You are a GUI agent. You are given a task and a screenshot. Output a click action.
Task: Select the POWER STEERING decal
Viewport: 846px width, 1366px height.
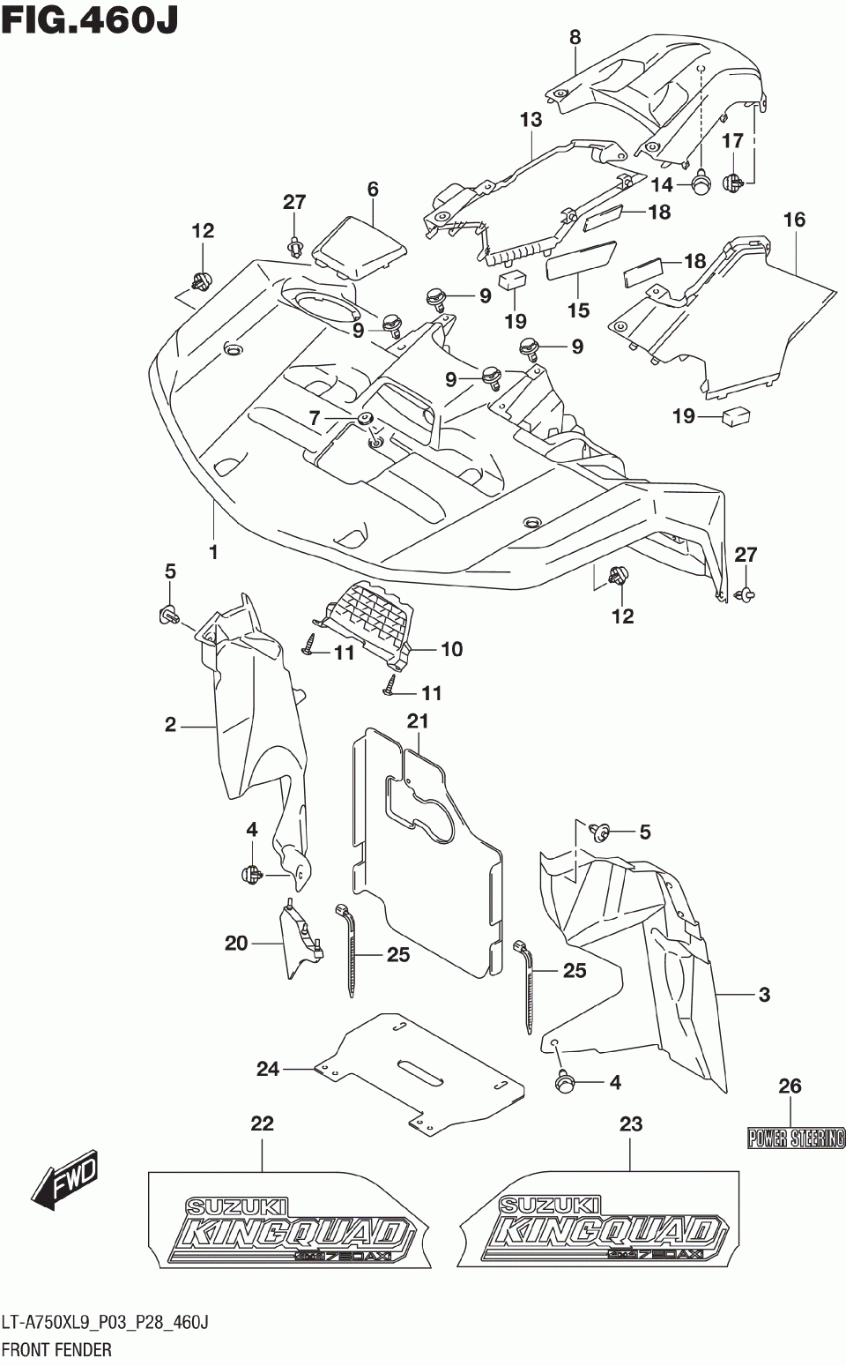click(x=796, y=1138)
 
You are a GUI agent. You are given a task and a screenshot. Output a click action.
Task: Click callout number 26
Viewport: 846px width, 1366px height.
click(x=790, y=1086)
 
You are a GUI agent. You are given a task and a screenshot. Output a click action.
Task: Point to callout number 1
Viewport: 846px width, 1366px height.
click(x=212, y=553)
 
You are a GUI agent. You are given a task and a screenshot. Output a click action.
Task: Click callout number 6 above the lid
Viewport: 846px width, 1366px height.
click(x=373, y=190)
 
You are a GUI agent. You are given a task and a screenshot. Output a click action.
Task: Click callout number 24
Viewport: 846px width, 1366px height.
click(x=268, y=1069)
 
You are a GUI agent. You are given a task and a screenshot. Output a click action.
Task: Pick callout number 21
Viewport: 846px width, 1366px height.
click(x=418, y=721)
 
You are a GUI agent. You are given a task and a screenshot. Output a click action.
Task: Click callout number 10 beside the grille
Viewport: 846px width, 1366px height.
click(x=452, y=649)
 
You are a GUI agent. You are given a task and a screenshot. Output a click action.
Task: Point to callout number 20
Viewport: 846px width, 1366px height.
click(x=236, y=944)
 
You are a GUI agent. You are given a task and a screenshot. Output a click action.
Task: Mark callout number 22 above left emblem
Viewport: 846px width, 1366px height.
click(x=262, y=1123)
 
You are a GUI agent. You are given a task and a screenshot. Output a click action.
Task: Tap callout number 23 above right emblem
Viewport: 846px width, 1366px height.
click(x=631, y=1123)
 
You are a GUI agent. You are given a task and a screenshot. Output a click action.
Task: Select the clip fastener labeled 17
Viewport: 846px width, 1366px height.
click(x=733, y=182)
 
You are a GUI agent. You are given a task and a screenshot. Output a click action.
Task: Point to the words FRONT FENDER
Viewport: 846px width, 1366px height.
click(x=56, y=1349)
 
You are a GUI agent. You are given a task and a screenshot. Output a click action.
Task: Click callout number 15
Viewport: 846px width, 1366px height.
click(x=578, y=310)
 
